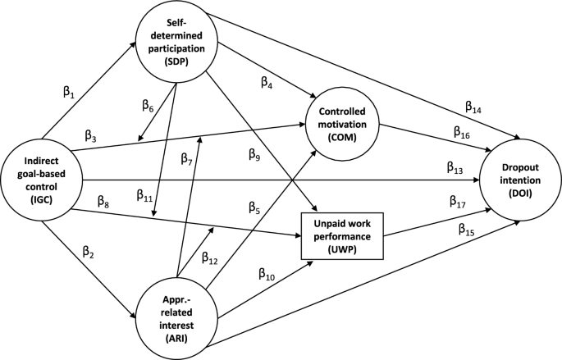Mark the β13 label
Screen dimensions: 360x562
click(456, 168)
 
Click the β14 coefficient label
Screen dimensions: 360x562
click(475, 106)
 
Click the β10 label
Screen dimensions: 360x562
click(267, 274)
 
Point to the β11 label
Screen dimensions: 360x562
click(144, 194)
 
